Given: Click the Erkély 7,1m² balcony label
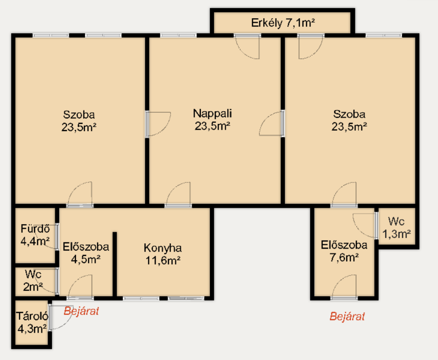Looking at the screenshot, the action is pos(283,23).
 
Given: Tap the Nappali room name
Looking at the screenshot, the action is pos(212,113).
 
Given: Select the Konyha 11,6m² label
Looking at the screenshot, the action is pos(163,254).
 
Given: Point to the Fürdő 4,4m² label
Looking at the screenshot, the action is pos(35,235).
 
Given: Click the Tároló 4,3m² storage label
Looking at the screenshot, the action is pos(32,322).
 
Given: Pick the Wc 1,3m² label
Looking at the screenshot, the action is pos(396,228).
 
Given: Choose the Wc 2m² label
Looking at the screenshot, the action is pos(33,280).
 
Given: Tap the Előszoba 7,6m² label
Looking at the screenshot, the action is pos(344,251).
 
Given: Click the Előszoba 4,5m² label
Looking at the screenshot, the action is pos(86,253).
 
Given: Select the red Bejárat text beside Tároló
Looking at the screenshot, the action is pos(81,311).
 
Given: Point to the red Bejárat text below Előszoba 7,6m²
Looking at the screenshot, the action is pos(347,316).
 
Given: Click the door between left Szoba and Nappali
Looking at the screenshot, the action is pos(158,124).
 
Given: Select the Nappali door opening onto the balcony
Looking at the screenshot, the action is pos(247,47).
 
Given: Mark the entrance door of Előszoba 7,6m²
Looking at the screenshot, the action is pos(344,288).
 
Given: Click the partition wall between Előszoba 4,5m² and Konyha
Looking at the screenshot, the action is pos(114,264).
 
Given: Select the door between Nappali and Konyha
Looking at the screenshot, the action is pos(178,195).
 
